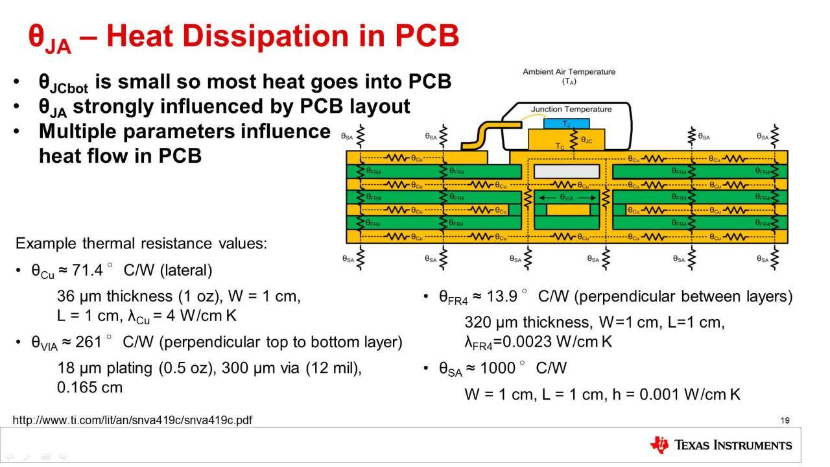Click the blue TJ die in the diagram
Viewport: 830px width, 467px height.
[566, 123]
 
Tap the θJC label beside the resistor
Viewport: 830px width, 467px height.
[586, 139]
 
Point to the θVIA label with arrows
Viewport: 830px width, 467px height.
[566, 197]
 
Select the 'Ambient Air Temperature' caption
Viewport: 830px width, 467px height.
[569, 72]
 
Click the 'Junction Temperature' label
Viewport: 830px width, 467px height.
[571, 109]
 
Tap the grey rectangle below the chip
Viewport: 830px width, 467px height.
[566, 171]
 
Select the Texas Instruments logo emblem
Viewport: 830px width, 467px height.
[659, 445]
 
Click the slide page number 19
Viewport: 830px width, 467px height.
[785, 420]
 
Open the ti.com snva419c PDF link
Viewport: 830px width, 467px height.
[132, 420]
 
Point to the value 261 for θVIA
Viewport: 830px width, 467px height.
[88, 342]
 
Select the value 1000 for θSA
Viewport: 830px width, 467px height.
[500, 368]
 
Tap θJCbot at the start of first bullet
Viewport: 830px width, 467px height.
[63, 83]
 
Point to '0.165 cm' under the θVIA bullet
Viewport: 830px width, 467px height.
[89, 388]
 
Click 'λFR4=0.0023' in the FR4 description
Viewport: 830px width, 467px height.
[513, 342]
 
